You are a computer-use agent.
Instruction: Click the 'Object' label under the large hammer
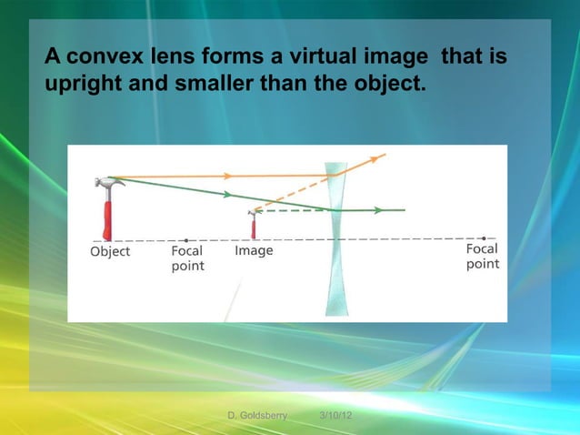110,251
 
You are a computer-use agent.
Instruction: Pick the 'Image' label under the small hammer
254,250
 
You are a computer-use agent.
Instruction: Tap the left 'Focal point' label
188,258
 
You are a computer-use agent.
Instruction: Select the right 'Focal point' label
483,256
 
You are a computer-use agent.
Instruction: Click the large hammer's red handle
106,219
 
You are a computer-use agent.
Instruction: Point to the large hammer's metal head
109,183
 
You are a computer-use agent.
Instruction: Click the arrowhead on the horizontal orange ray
226,176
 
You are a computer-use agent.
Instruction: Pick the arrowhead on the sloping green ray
226,194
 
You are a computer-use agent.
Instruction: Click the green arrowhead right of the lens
376,210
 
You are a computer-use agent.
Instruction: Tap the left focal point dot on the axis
186,240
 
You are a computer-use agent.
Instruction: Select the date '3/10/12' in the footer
336,416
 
